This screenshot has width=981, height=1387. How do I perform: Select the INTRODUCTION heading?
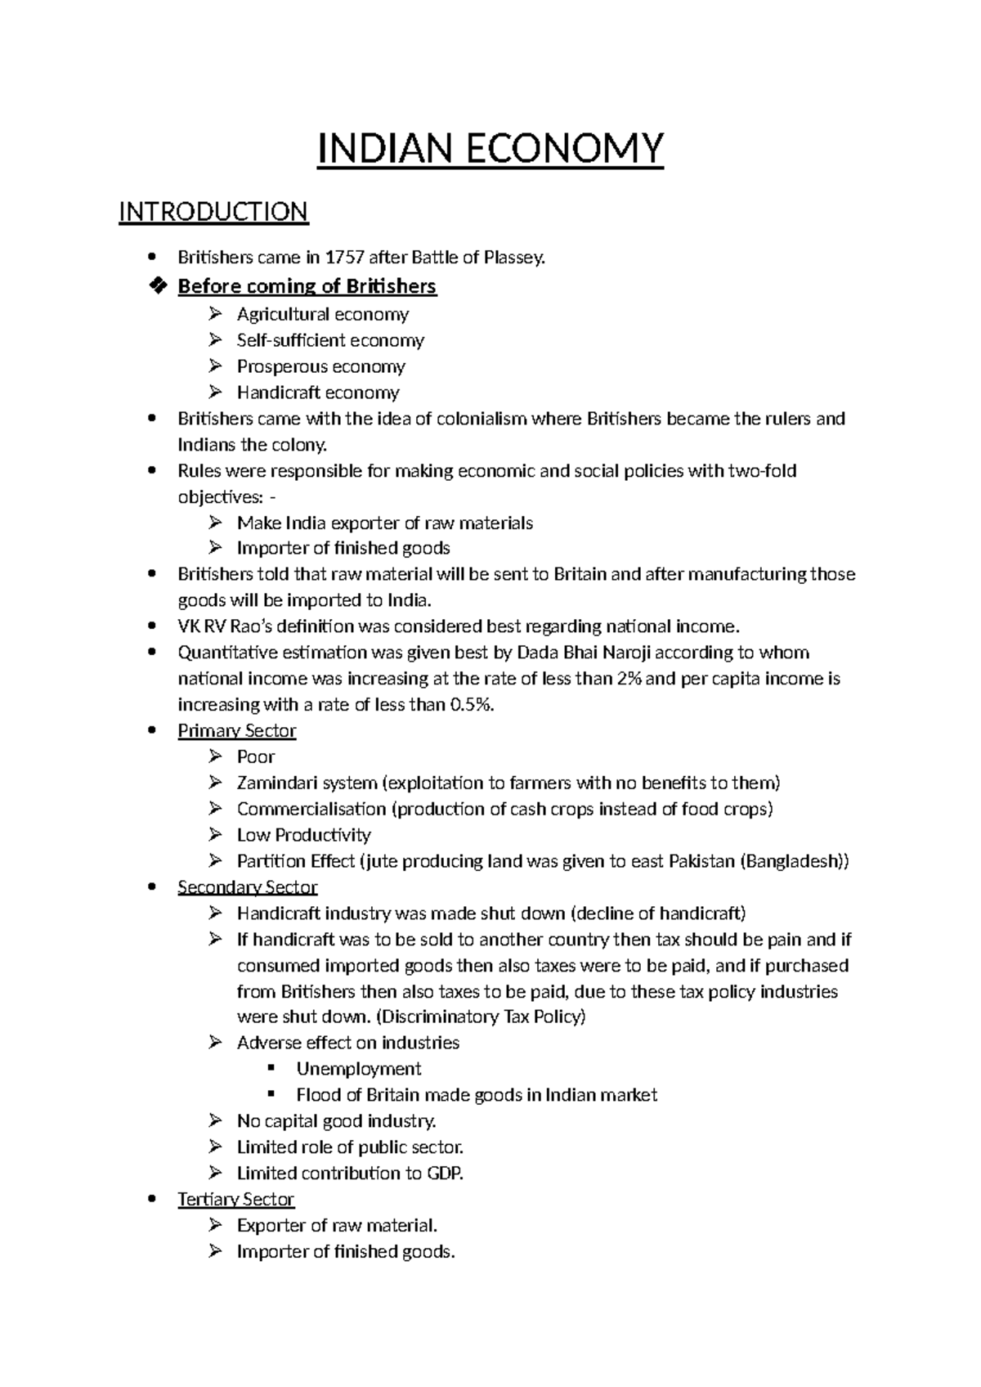[x=213, y=212]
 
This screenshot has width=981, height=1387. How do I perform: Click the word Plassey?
[x=513, y=258]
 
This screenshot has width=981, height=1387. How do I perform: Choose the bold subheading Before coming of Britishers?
[x=307, y=286]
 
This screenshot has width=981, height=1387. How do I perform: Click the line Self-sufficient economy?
[x=330, y=340]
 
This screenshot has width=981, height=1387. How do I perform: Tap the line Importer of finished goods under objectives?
[x=343, y=548]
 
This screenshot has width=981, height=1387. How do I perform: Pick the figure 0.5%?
[x=472, y=705]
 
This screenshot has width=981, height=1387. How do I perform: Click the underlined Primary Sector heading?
[x=236, y=730]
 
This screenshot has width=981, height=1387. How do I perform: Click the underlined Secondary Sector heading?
[x=247, y=887]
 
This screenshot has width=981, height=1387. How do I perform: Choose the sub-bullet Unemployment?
[x=358, y=1069]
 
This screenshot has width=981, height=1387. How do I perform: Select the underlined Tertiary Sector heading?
[x=235, y=1199]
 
